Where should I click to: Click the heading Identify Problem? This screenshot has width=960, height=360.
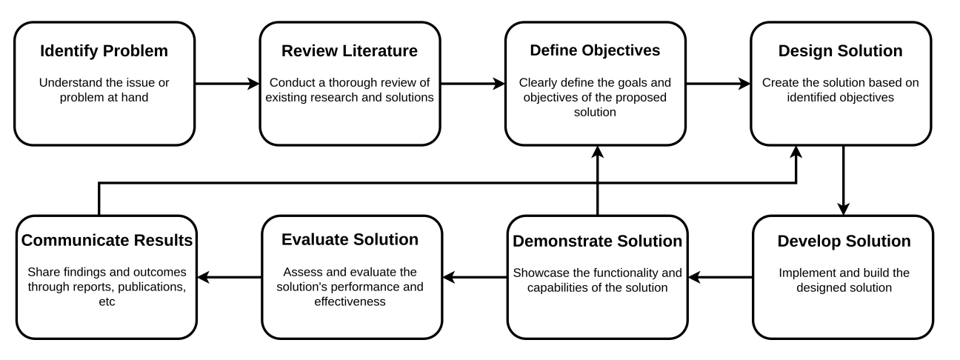point(104,51)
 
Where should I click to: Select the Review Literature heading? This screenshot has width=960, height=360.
point(350,51)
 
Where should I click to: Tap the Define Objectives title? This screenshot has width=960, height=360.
point(595,50)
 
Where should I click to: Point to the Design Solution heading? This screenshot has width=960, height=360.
point(841,51)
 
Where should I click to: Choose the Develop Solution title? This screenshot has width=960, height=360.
point(844,241)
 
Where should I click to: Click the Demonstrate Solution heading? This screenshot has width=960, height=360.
point(598,241)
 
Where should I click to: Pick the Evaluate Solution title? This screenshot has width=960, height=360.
point(350,239)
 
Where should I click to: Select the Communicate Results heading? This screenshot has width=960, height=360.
point(107,241)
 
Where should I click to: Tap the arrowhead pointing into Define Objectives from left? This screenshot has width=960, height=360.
point(499,84)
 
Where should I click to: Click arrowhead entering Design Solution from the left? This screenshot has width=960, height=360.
point(744,84)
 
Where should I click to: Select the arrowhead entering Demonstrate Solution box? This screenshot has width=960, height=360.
point(694,277)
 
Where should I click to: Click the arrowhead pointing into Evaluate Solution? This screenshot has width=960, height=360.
point(449,277)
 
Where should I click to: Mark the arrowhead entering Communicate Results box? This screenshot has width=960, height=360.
point(204,277)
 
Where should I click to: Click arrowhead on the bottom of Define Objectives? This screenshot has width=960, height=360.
point(598,152)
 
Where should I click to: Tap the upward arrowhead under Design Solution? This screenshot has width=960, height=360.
point(796,152)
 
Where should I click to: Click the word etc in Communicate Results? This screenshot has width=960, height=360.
point(107,301)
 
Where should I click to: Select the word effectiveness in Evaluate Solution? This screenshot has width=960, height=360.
point(350,301)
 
